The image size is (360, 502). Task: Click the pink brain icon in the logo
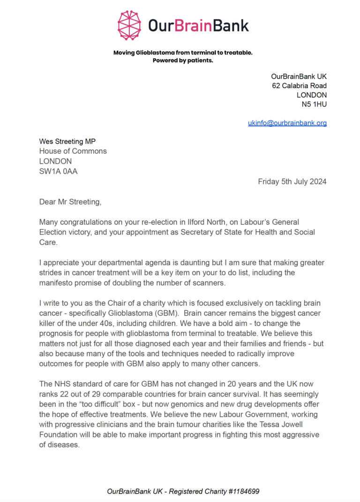(x=130, y=25)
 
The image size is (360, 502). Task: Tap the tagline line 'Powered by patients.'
(x=183, y=61)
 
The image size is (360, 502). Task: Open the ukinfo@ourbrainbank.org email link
(x=287, y=123)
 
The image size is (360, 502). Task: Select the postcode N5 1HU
(x=314, y=104)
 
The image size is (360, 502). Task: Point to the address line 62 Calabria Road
(x=299, y=85)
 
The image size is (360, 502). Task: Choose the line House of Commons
(x=73, y=151)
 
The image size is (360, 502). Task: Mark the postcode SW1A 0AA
(x=58, y=171)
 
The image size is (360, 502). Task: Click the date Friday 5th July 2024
(x=292, y=182)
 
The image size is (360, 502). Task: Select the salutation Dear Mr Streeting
(x=70, y=202)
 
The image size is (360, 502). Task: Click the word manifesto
(x=56, y=283)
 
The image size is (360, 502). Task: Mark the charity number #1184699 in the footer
(x=240, y=491)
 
